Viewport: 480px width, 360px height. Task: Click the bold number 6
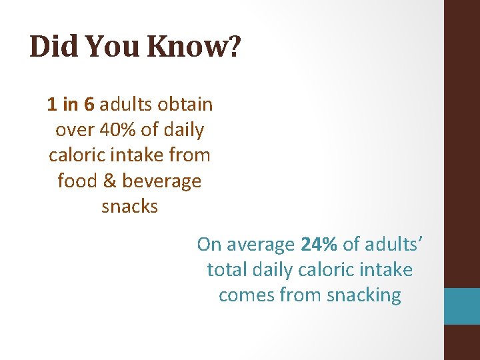click(89, 105)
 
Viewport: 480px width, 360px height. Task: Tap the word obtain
click(185, 105)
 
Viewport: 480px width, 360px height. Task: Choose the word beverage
click(161, 181)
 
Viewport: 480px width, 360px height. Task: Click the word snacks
click(129, 206)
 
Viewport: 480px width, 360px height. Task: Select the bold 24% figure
click(319, 245)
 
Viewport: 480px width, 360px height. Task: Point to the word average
click(260, 245)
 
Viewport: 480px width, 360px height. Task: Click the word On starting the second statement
click(209, 245)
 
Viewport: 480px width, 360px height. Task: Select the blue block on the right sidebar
click(462, 306)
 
